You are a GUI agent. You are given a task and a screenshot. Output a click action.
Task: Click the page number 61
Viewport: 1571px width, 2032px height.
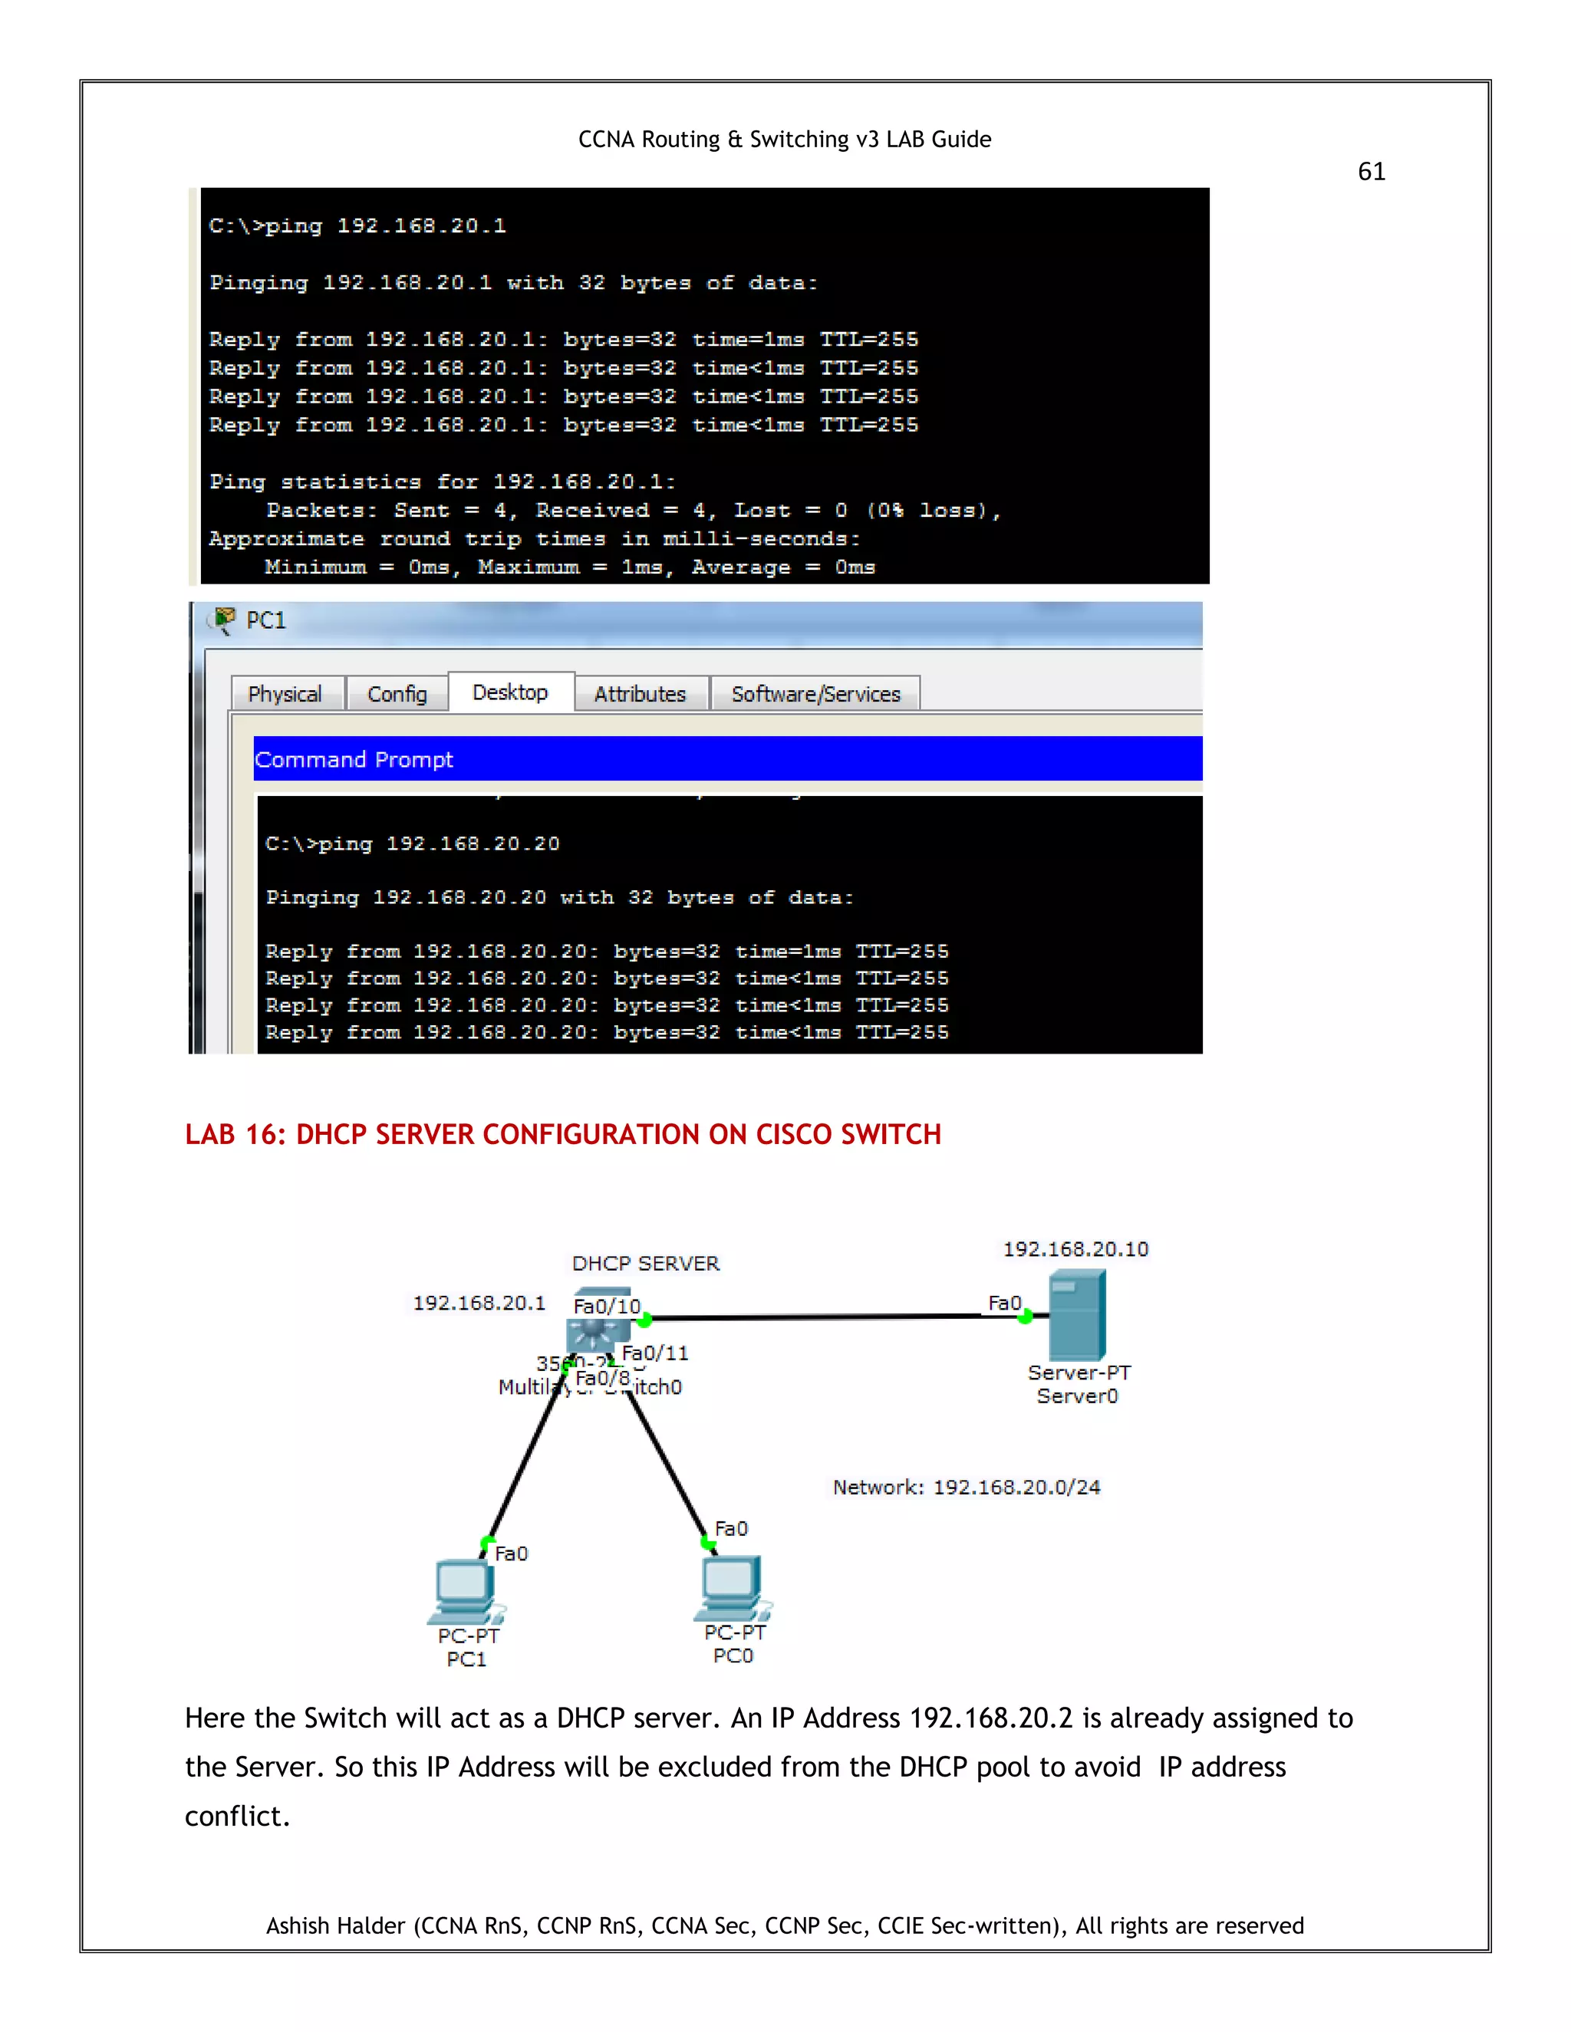pos(1371,171)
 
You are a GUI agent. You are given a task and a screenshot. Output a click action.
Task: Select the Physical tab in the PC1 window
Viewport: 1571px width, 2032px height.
pos(285,694)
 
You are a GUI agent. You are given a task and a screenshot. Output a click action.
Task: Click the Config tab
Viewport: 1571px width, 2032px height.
pos(397,694)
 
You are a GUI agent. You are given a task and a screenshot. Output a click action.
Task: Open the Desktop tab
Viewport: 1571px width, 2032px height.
pos(510,692)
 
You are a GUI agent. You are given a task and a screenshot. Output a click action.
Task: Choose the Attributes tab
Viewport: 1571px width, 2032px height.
pos(641,694)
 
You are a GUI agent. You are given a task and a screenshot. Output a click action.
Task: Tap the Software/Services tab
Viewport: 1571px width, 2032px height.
pos(815,694)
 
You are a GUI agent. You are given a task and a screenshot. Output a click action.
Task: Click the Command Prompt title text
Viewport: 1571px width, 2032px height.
pos(354,759)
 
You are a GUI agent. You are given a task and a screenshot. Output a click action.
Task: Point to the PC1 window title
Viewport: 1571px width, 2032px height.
pos(265,620)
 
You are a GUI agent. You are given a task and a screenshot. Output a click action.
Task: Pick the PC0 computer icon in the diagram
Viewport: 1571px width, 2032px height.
pos(733,1587)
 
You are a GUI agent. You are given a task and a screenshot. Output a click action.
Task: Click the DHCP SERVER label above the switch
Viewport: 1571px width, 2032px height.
pos(646,1264)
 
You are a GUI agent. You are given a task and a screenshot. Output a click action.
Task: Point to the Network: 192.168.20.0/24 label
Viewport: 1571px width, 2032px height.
pos(966,1487)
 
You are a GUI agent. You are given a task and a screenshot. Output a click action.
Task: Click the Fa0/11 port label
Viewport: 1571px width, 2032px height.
pos(655,1353)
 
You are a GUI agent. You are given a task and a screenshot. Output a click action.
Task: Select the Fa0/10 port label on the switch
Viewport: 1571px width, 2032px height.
pos(607,1307)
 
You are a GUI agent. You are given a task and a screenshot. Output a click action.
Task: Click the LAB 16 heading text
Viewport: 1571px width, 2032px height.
pos(563,1134)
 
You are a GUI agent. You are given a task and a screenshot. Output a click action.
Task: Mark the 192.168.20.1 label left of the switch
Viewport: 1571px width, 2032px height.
pos(479,1303)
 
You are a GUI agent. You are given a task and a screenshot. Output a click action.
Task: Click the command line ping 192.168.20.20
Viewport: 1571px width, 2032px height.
pos(412,844)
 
